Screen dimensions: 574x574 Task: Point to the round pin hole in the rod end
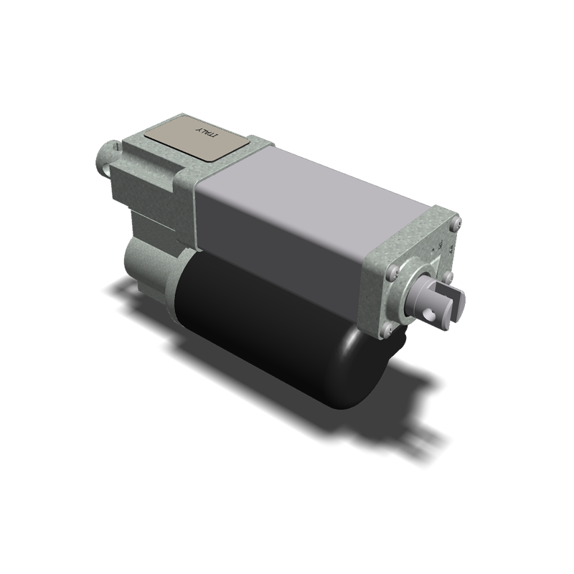point(432,312)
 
